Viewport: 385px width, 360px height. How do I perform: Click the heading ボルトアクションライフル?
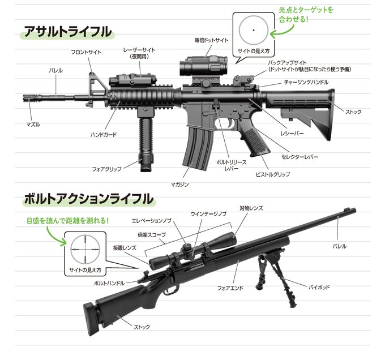coord(88,199)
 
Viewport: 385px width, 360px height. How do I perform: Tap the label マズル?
coord(33,124)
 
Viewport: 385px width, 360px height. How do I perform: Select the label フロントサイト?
coord(86,52)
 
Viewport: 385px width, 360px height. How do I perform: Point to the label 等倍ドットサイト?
coord(211,40)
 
